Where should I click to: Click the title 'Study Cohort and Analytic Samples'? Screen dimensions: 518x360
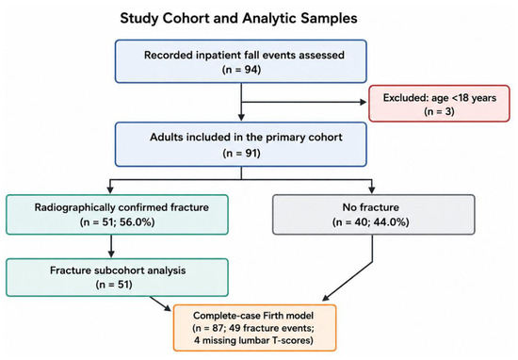point(238,18)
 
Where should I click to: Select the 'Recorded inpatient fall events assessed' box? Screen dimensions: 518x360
point(241,61)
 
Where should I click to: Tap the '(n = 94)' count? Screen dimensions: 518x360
point(241,70)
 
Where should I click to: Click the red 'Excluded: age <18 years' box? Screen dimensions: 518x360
point(440,104)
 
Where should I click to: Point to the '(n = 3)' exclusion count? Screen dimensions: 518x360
point(440,111)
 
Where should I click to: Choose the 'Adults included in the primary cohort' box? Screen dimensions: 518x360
point(241,144)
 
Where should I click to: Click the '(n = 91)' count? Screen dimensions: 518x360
point(241,154)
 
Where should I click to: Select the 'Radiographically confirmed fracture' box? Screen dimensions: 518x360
point(117,215)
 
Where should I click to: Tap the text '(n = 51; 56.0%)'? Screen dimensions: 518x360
point(117,222)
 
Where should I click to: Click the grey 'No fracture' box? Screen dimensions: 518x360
point(374,215)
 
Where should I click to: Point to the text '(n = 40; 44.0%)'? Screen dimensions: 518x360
point(371,222)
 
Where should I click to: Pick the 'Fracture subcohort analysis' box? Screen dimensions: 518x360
point(117,277)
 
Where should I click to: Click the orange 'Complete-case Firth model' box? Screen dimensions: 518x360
point(254,328)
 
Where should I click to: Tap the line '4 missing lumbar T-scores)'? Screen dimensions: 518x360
point(253,340)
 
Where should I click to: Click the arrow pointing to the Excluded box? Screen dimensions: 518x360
point(304,102)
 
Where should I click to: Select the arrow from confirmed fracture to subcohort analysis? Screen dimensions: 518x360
point(111,246)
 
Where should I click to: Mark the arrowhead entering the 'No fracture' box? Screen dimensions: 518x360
point(372,190)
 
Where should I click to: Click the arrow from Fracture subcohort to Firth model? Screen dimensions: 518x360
point(160,303)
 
